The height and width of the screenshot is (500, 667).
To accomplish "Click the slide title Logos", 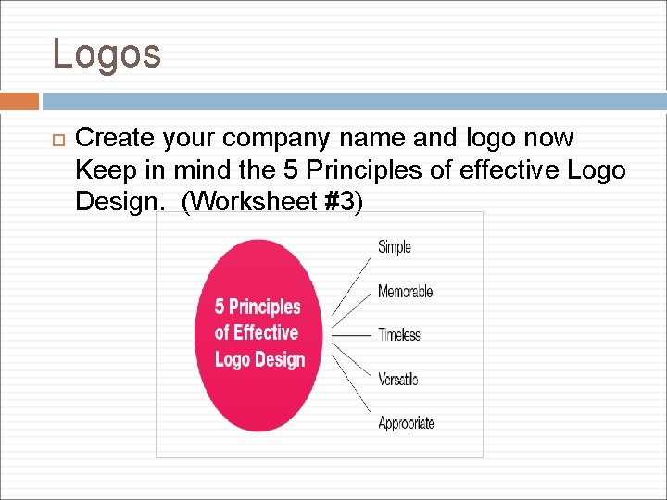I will [107, 54].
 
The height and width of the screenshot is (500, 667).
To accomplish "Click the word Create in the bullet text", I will [115, 139].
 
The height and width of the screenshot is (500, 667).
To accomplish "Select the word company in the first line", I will [275, 139].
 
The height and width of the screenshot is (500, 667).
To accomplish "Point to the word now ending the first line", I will [548, 139].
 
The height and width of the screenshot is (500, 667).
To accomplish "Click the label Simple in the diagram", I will [394, 246].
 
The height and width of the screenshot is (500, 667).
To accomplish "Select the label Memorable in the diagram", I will [405, 292].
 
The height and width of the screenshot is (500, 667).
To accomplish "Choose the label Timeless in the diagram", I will [399, 335].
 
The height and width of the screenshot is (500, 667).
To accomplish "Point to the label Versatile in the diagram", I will [397, 379].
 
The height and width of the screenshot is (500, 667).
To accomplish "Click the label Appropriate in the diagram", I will [406, 423].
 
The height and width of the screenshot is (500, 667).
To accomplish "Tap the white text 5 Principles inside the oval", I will [258, 306].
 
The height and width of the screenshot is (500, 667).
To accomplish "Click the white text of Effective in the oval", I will [257, 332].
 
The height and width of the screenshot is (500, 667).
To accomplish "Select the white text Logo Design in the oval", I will [259, 359].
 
